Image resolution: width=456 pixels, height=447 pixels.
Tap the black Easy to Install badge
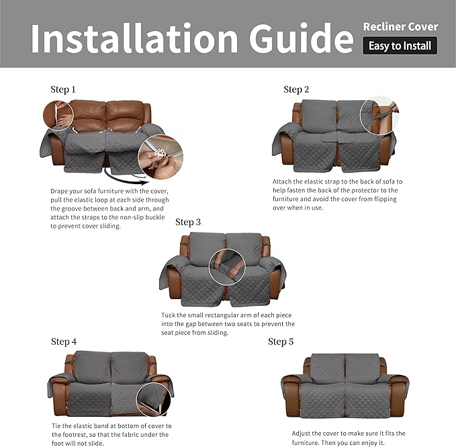[400, 46]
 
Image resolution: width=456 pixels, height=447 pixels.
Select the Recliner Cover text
[400, 27]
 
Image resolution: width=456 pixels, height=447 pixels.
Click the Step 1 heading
[63, 89]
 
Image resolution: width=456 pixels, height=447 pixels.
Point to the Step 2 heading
[296, 89]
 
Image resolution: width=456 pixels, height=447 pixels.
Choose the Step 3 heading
[188, 222]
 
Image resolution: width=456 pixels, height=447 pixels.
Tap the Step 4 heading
[64, 341]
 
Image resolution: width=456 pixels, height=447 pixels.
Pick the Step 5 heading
[281, 341]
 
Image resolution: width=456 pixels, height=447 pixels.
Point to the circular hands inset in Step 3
[228, 267]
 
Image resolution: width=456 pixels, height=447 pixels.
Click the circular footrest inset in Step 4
[155, 399]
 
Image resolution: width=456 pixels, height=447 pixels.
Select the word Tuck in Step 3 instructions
[169, 315]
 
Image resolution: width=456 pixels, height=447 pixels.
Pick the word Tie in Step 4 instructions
[56, 426]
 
